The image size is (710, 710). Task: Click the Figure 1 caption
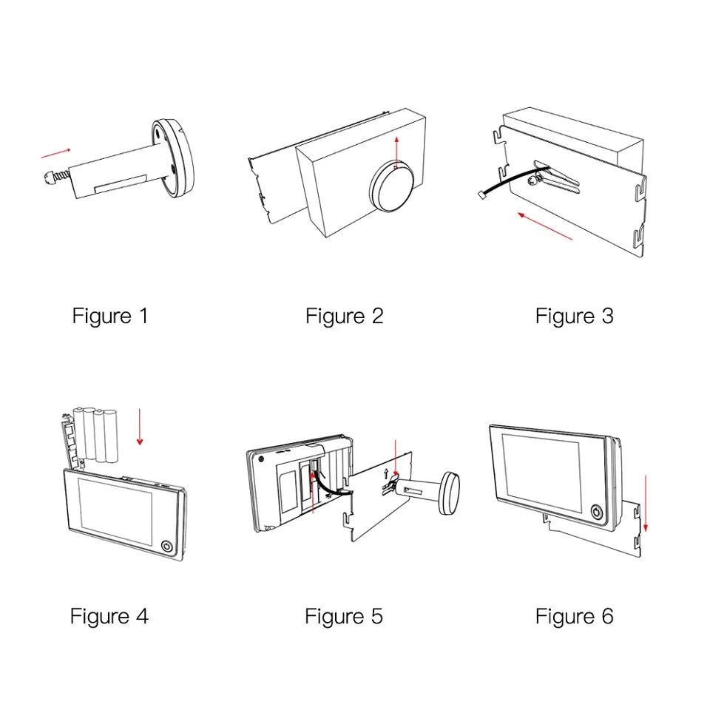pos(110,317)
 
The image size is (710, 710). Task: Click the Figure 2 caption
pos(345,317)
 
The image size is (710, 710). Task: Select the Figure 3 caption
pos(575,317)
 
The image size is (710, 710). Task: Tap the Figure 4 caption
pos(109,616)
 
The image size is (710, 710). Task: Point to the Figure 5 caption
pos(344,616)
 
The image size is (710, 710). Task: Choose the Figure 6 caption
pos(575,616)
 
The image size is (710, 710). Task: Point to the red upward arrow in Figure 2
pos(397,152)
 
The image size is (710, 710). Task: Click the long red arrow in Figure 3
pos(545,226)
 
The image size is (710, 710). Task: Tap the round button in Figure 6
pos(597,511)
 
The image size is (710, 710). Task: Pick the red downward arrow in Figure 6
pos(646,503)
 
